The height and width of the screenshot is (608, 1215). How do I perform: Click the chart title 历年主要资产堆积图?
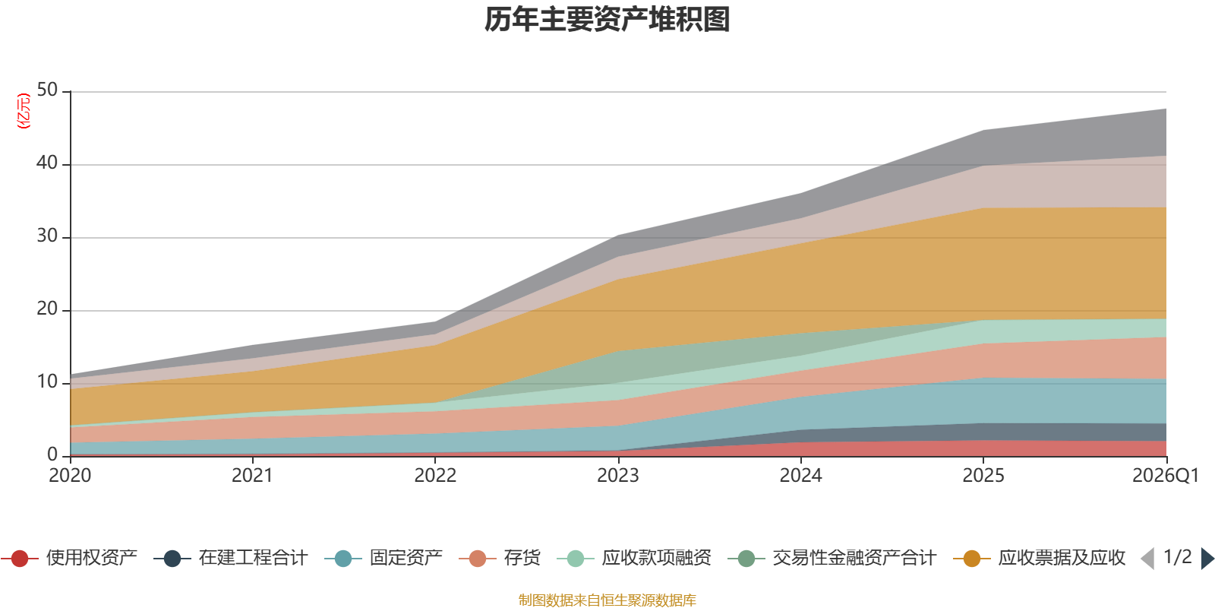607,20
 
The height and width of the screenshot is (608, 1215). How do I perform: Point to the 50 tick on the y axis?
47,90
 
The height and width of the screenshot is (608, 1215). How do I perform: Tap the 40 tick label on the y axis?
47,163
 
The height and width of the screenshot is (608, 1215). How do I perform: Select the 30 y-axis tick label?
47,236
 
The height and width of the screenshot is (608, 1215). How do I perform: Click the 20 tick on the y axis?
47,309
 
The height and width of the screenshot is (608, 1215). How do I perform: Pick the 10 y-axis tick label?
47,382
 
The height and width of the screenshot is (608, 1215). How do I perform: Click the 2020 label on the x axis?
70,476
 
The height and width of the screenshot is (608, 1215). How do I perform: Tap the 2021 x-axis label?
252,476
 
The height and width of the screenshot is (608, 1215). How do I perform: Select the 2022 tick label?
435,476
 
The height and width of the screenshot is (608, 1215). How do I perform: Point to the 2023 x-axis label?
618,476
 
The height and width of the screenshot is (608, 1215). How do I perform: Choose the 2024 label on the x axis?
800,476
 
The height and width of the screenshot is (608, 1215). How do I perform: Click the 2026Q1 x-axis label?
1165,476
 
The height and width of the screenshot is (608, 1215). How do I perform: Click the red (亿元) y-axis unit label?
24,111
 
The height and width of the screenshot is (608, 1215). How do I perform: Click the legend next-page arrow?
1206,559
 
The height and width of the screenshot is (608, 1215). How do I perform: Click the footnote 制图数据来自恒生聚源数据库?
607,600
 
